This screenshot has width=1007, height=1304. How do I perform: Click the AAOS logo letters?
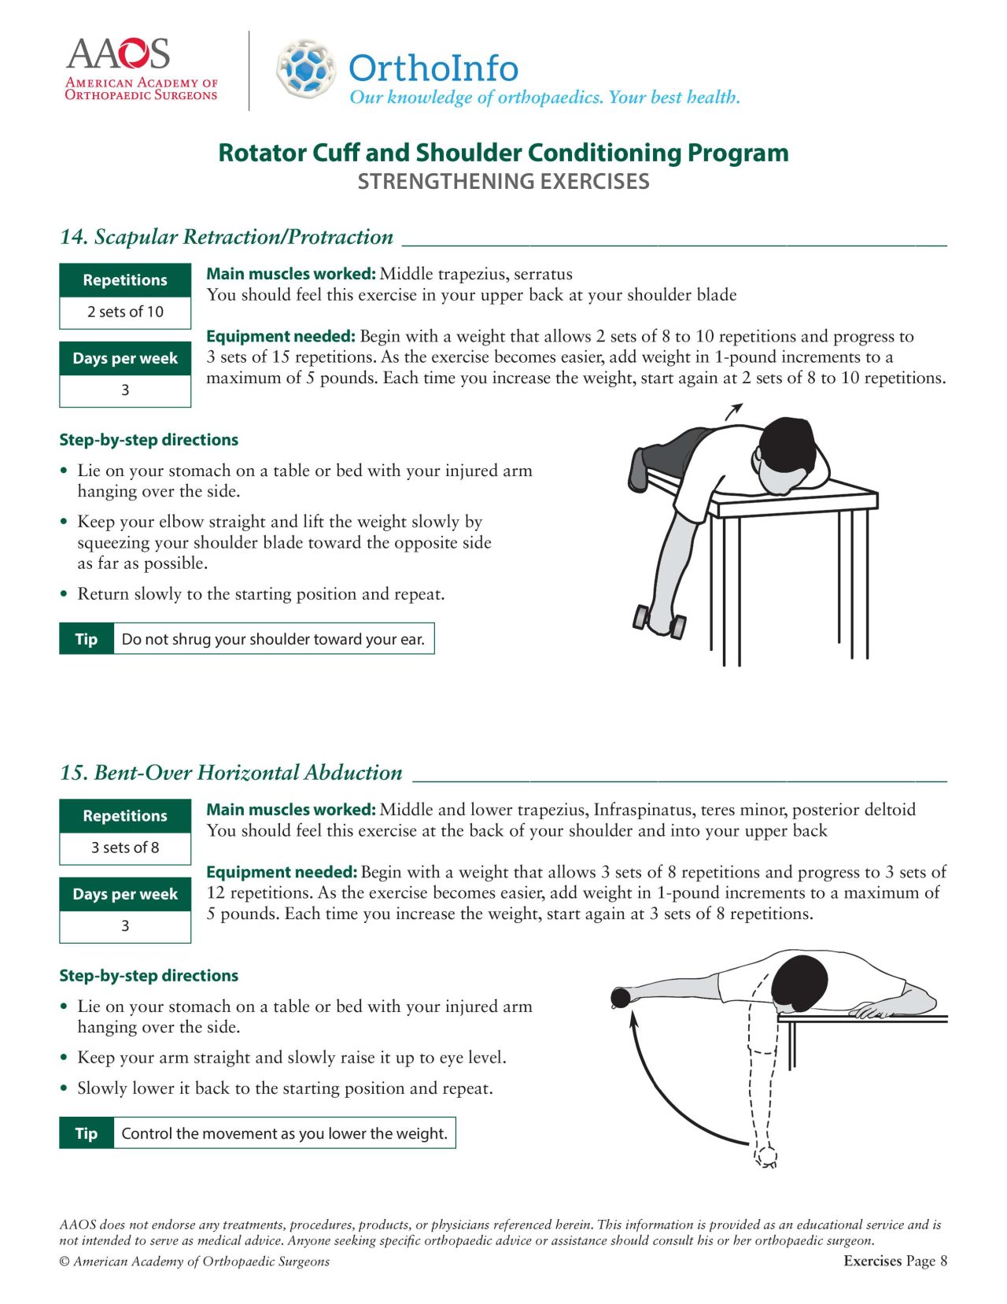[x=118, y=54]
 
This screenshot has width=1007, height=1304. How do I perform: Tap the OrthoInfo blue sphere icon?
[x=305, y=68]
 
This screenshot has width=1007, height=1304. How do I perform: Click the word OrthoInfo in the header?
[x=433, y=68]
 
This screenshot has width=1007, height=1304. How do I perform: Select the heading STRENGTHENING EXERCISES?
[x=503, y=182]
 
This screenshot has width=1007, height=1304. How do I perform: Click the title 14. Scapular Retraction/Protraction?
[x=227, y=237]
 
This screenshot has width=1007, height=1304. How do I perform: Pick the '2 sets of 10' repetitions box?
[x=125, y=312]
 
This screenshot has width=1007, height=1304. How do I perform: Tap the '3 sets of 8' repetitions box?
[x=125, y=848]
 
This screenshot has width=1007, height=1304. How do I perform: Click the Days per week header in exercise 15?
[x=125, y=894]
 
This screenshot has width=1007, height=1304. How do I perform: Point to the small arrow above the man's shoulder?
[x=733, y=411]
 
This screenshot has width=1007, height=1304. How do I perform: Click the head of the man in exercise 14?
[x=791, y=449]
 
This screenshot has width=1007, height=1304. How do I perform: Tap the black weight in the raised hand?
[x=621, y=998]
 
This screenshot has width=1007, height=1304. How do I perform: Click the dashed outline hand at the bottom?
[x=765, y=1155]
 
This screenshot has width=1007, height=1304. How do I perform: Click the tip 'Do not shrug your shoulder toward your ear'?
[x=273, y=639]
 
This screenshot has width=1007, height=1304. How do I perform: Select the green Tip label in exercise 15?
[x=87, y=1133]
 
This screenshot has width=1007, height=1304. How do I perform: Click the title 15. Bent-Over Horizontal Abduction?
[x=231, y=773]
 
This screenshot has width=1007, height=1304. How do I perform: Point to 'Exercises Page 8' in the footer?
[x=894, y=1261]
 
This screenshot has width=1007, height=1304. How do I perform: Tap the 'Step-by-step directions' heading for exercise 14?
[x=149, y=440]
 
